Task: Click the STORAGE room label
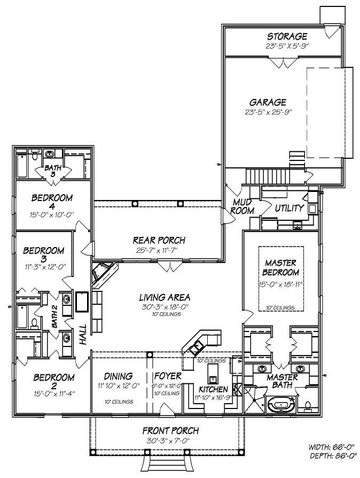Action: (x=287, y=36)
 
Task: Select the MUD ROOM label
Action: (x=241, y=207)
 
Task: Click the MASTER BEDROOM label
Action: (x=281, y=267)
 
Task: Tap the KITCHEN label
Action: (x=214, y=389)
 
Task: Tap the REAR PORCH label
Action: (x=159, y=240)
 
